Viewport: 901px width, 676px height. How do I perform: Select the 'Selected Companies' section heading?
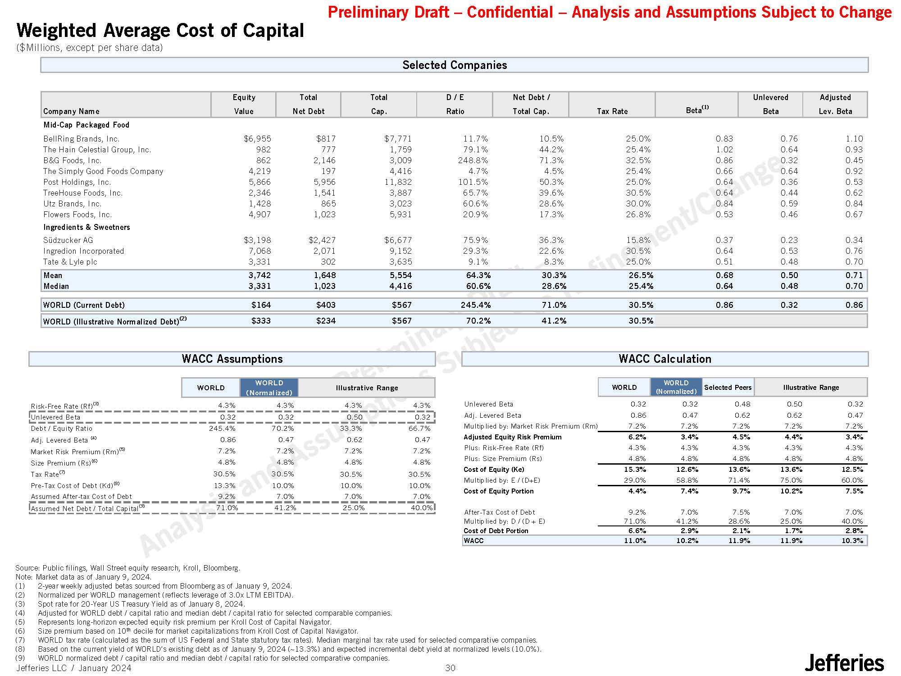[454, 65]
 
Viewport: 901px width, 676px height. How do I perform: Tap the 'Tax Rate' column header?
[612, 111]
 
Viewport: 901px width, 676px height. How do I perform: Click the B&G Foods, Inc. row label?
[73, 160]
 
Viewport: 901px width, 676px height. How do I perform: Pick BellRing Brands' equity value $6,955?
[257, 139]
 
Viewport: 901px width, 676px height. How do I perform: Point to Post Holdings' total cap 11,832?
[397, 182]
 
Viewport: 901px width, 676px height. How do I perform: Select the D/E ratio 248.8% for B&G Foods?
[473, 160]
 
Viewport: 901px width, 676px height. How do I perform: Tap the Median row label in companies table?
[56, 286]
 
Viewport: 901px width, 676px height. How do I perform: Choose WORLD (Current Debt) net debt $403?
[326, 305]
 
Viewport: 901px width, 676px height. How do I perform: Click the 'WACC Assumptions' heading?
[232, 359]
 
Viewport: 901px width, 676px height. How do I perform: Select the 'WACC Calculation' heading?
[664, 359]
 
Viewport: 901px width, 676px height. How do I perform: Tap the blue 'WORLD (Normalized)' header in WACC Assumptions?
[269, 388]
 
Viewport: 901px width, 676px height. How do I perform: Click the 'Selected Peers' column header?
[728, 388]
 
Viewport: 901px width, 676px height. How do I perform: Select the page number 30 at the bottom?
[450, 668]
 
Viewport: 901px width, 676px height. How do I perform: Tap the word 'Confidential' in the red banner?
[510, 12]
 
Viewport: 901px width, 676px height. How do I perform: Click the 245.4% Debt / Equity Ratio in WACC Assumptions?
[222, 429]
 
